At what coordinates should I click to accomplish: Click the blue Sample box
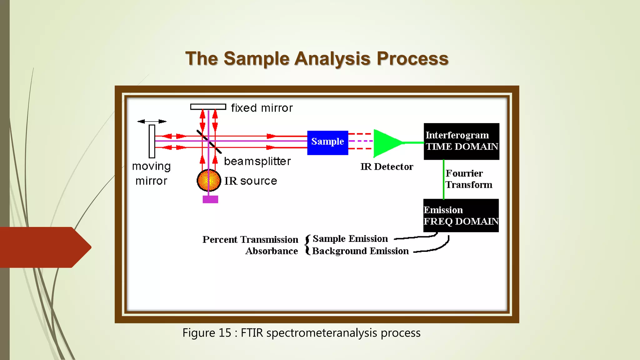327,142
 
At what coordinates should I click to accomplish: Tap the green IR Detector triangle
386,143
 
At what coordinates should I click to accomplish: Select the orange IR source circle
209,180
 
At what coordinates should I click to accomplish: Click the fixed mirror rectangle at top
208,107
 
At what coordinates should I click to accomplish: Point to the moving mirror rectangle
152,141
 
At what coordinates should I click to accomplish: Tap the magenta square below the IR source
210,199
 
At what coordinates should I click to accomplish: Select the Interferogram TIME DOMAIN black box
461,141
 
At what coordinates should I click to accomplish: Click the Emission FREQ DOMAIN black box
461,216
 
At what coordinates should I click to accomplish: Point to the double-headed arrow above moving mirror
152,121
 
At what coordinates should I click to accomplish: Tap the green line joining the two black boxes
443,179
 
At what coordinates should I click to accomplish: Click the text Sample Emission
350,239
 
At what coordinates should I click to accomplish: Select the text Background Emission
360,251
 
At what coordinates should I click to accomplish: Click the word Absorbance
271,251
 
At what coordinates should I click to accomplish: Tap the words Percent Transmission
250,239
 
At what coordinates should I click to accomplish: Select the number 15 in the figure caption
225,333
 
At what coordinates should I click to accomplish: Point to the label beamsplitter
257,161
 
